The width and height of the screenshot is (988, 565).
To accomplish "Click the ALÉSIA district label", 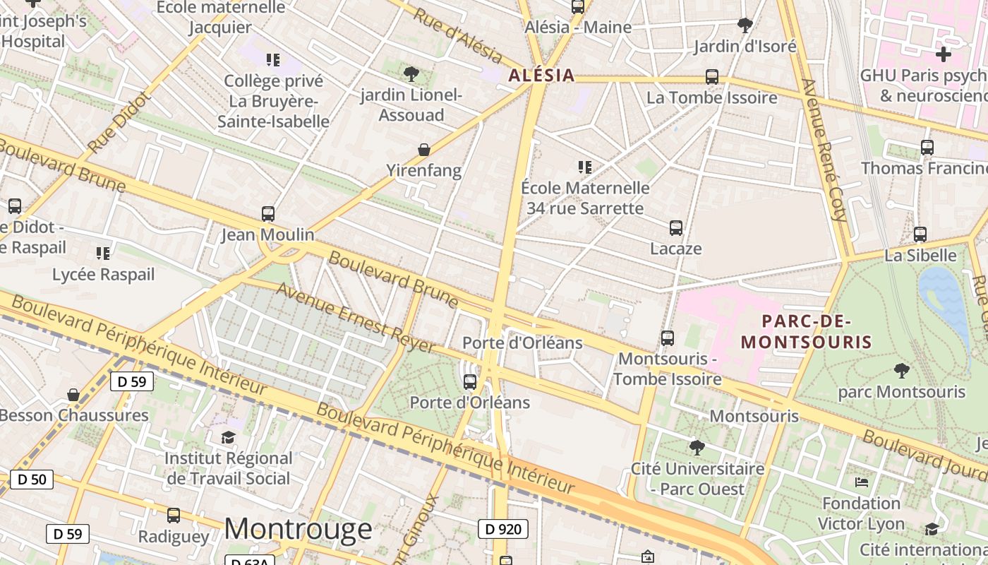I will click(541, 76).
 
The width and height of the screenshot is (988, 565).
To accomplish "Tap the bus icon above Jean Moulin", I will click(267, 213).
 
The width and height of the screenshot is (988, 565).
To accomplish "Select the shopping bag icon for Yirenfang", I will click(424, 149).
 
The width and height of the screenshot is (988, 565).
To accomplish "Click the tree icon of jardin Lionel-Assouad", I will click(411, 73).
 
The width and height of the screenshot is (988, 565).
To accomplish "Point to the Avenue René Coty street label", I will click(824, 150).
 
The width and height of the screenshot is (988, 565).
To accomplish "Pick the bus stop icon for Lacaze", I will click(675, 227).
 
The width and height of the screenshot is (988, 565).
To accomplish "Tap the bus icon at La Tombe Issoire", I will click(711, 77).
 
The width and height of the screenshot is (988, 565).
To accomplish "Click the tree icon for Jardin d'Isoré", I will click(745, 25).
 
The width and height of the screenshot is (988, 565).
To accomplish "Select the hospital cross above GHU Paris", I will click(943, 54).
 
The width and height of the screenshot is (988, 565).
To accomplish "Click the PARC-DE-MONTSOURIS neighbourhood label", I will click(807, 333).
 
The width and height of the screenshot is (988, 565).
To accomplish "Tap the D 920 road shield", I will click(503, 529).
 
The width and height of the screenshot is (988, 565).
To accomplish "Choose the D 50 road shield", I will click(32, 480).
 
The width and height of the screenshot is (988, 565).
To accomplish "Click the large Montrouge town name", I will click(298, 529).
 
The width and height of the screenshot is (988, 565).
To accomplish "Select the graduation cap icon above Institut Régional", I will click(228, 438).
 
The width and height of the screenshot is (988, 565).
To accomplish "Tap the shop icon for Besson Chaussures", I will click(73, 394).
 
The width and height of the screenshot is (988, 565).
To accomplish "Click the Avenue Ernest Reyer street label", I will click(355, 318).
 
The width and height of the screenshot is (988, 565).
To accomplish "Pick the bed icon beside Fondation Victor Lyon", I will click(861, 482).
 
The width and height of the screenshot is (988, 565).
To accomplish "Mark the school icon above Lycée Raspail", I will click(103, 253).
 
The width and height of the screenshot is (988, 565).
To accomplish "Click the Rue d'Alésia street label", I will click(457, 36).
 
